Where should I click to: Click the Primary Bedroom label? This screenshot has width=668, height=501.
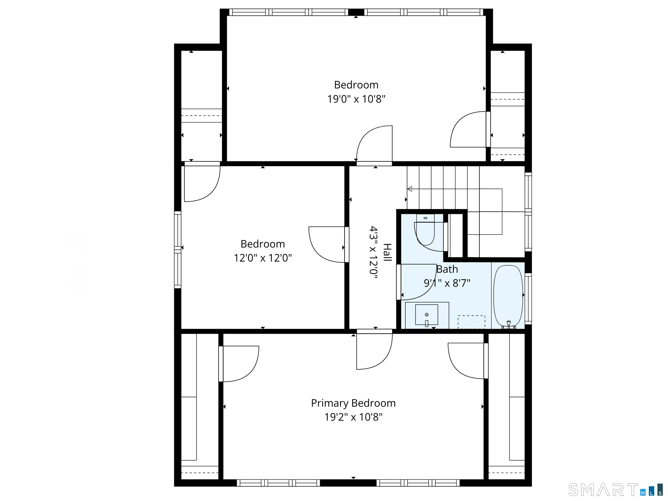click(x=353, y=403)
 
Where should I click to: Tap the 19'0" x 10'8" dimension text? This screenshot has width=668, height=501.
click(x=356, y=99)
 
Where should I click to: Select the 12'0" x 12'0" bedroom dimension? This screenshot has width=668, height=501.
click(x=263, y=258)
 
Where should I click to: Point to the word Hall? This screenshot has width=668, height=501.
click(x=387, y=252)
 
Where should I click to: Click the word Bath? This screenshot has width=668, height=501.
click(x=447, y=269)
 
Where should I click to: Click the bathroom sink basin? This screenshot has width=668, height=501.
click(x=427, y=315)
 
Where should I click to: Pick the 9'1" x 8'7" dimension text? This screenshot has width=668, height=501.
click(x=447, y=283)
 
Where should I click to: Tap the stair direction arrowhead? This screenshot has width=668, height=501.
click(x=409, y=189)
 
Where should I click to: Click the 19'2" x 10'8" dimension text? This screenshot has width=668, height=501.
click(x=353, y=417)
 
